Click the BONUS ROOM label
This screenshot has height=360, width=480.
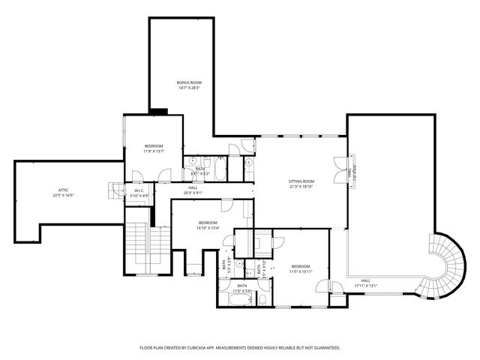coord(189,82)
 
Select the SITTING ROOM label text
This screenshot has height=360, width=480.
coord(301,181)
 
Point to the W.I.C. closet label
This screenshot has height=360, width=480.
coord(139,190)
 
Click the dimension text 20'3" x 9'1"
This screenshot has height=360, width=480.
coord(193,193)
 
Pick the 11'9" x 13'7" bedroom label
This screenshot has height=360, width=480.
coord(153,151)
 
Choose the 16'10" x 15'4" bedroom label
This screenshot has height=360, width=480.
coord(208,227)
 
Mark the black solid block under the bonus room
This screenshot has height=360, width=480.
coord(158,112)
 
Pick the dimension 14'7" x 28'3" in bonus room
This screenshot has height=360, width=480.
coord(189,88)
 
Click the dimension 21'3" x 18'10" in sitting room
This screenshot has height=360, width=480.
coord(301,187)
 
